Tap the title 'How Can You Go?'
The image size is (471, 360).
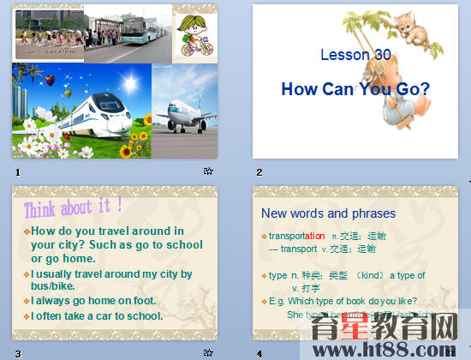pyautogui.click(x=355, y=88)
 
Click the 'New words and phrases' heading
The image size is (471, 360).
pyautogui.click(x=328, y=213)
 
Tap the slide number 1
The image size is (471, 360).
pyautogui.click(x=17, y=171)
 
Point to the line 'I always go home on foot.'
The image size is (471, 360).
pyautogui.click(x=93, y=300)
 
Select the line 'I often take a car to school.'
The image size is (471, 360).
pyautogui.click(x=97, y=315)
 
